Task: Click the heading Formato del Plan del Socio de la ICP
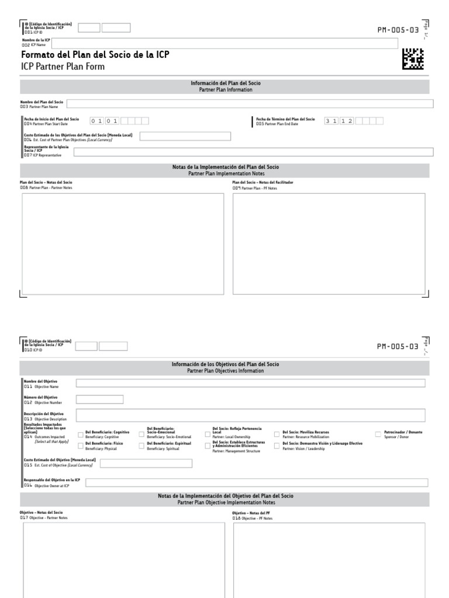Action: [95, 55]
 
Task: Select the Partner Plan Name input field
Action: [250, 104]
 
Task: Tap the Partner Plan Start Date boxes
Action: [119, 121]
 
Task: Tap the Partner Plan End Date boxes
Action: [354, 121]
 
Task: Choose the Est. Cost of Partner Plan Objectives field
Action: [185, 137]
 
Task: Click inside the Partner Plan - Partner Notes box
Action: [123, 244]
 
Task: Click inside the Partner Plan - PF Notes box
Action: [329, 244]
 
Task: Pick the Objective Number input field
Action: [100, 399]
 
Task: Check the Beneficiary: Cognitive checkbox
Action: [81, 434]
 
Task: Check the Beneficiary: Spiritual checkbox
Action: [142, 446]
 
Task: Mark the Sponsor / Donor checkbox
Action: [378, 434]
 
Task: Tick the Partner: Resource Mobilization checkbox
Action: [277, 434]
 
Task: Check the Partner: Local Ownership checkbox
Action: [208, 434]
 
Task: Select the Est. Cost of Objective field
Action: [146, 463]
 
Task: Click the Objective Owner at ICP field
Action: [257, 482]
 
